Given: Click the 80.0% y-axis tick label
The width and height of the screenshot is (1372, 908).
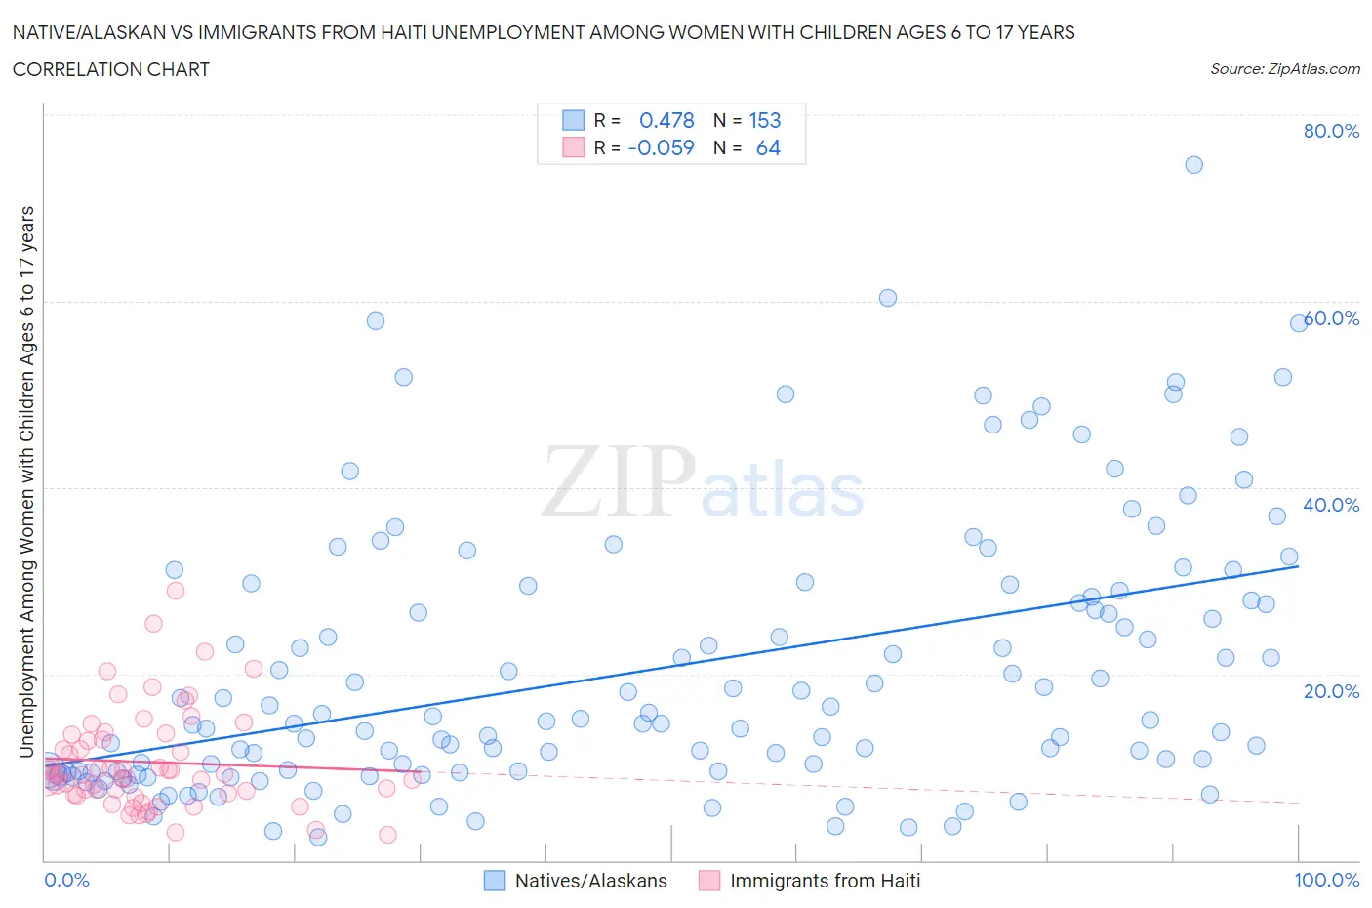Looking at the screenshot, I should click(x=1331, y=131).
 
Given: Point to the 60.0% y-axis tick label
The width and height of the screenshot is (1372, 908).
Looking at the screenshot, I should click(x=1331, y=318).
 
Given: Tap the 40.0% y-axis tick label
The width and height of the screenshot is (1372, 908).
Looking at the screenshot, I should click(x=1331, y=505).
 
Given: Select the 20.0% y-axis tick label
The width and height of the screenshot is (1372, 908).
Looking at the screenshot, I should click(x=1331, y=691).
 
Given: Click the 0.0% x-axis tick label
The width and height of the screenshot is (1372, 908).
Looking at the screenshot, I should click(x=66, y=880).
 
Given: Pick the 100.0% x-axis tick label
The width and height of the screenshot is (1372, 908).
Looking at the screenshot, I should click(x=1326, y=880).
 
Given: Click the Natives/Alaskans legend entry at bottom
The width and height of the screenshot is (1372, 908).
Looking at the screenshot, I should click(x=576, y=881).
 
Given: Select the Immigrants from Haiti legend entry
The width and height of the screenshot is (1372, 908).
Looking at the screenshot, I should click(x=809, y=881).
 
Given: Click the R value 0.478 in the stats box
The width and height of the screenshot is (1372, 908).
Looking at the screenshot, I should click(x=666, y=120).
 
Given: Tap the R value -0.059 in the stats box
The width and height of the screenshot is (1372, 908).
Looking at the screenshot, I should click(x=661, y=147).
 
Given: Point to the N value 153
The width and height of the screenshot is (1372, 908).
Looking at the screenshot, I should click(x=764, y=120).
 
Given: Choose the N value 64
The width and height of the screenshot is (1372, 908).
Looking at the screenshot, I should click(x=768, y=147).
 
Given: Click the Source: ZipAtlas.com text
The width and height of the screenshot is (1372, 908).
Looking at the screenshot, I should click(x=1284, y=69).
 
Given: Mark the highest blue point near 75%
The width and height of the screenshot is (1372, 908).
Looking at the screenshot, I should click(x=1193, y=164).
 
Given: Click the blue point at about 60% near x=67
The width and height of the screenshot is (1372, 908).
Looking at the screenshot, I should click(x=887, y=298).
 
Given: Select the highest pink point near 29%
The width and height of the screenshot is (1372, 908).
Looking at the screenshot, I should click(x=176, y=590).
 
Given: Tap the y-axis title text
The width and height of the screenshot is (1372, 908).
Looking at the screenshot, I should click(x=26, y=481).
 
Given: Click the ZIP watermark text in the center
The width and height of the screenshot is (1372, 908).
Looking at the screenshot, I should click(x=619, y=481).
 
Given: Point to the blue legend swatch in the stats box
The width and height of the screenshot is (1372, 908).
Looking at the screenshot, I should click(x=573, y=120).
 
